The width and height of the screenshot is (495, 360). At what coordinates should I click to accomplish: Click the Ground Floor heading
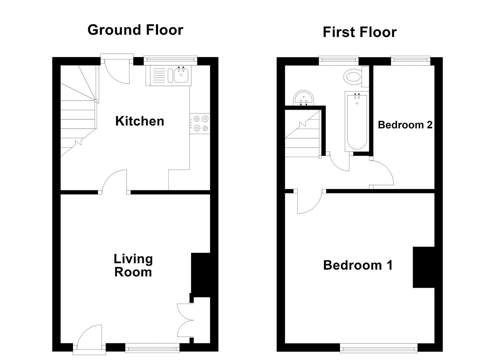(x=135, y=30)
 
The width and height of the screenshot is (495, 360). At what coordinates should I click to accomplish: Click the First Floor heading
(x=360, y=32)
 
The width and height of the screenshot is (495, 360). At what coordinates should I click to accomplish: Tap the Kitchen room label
(x=140, y=121)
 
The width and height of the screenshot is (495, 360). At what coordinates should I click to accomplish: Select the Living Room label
(x=133, y=265)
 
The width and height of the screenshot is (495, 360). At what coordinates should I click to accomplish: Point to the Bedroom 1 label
(x=358, y=265)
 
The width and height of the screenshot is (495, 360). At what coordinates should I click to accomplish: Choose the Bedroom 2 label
(x=405, y=125)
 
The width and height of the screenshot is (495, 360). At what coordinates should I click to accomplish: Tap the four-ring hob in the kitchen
(x=200, y=124)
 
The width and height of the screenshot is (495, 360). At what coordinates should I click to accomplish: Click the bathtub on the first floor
(x=357, y=122)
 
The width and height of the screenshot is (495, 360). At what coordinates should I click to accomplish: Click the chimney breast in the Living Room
(x=200, y=275)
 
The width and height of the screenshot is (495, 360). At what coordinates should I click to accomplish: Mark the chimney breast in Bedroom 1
(x=424, y=267)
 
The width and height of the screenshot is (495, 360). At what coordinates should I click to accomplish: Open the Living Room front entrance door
(x=89, y=339)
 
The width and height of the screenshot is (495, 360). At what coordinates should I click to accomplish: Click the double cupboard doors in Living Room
(x=185, y=320)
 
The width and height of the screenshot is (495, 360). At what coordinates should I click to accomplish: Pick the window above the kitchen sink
(x=170, y=59)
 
